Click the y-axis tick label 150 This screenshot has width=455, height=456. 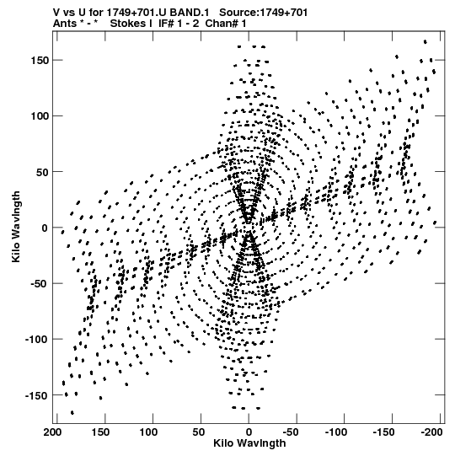click(40, 61)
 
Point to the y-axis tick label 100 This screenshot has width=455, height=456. click(40, 116)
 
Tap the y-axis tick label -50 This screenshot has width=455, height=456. click(38, 283)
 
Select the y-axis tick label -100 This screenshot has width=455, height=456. click(37, 340)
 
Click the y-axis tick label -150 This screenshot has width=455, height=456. click(37, 395)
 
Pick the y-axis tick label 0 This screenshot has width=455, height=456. click(45, 228)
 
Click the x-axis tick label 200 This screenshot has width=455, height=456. click(52, 432)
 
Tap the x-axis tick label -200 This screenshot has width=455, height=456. click(431, 432)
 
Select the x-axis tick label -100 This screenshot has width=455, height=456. click(336, 432)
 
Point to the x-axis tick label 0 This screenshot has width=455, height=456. click(249, 432)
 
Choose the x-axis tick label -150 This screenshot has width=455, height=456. click(383, 432)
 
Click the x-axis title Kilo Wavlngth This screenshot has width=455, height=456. click(249, 443)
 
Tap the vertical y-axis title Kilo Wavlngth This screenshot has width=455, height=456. click(16, 227)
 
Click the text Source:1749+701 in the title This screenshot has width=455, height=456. click(263, 13)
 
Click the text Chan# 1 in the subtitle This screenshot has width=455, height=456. click(226, 24)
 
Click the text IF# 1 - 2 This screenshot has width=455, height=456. click(179, 24)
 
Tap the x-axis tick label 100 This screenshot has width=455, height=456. click(148, 432)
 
